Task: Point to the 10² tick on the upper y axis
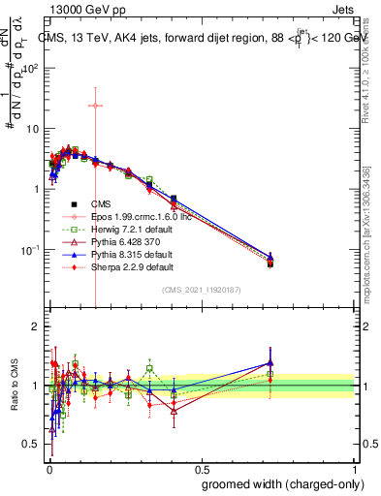34,69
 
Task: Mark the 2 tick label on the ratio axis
37,326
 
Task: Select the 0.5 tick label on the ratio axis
34,445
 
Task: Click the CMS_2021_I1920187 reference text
202,290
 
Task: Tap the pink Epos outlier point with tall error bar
95,106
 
